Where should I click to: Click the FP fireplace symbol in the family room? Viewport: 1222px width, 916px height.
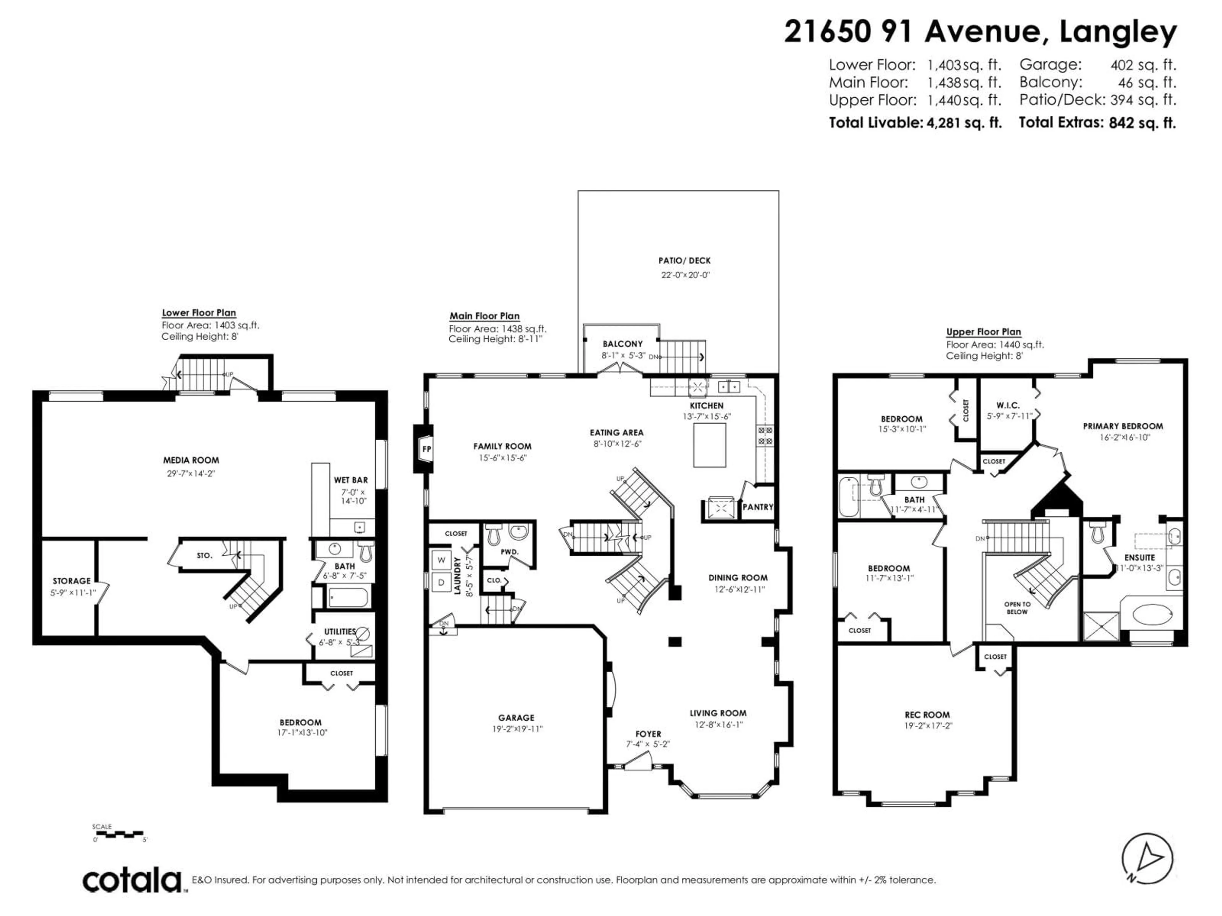425,449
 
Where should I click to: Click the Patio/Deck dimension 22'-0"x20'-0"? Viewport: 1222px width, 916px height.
685,275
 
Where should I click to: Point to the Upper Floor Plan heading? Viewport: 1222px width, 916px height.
983,332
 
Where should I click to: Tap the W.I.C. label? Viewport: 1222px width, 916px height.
1008,405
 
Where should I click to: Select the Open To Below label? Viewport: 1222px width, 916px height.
1017,608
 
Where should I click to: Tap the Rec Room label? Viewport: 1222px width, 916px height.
927,714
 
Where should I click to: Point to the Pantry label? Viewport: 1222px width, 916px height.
757,507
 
